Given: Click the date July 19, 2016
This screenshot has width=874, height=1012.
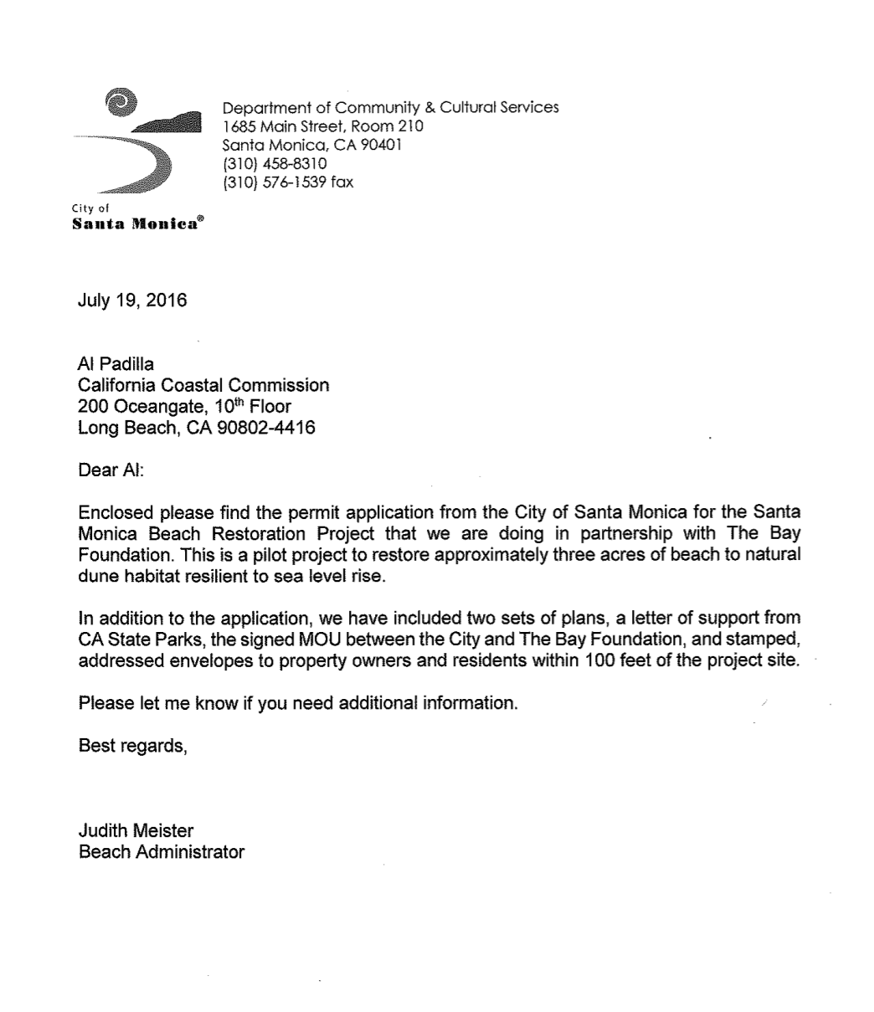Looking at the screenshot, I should point(132,300).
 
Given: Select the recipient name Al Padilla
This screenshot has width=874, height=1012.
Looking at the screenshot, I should point(114,364).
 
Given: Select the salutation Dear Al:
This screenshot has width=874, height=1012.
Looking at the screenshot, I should point(111,470).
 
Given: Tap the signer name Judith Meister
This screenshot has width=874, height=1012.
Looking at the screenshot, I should point(136,831).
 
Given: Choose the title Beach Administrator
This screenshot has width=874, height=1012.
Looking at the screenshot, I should point(161,852).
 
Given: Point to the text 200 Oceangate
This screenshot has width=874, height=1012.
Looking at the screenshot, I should point(136,407).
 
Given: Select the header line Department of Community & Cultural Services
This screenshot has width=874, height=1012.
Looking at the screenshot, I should point(390,107).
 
